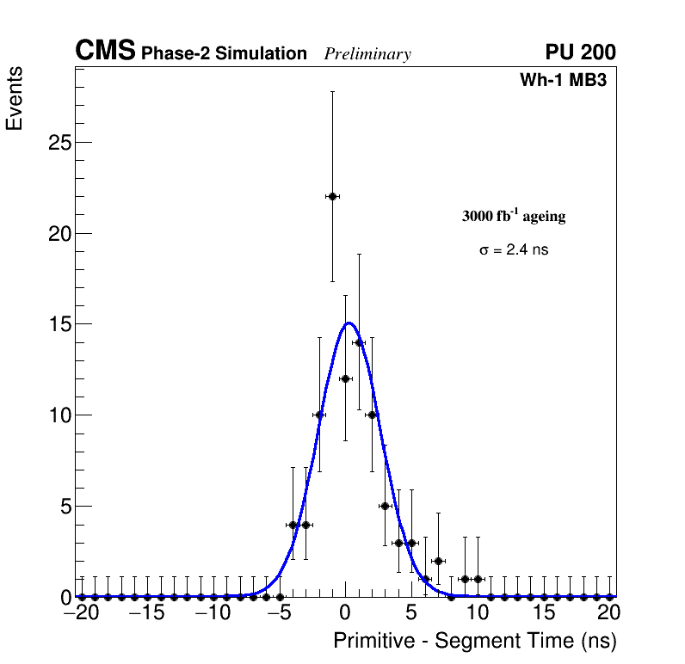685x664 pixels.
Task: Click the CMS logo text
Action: click(105, 52)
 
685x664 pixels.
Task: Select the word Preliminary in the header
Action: click(367, 54)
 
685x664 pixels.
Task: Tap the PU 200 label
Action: click(580, 52)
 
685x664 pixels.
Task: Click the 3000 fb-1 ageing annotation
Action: click(514, 216)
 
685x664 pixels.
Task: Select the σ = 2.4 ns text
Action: click(514, 250)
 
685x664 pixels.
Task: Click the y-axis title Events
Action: click(15, 98)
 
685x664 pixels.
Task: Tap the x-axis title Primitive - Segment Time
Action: click(475, 641)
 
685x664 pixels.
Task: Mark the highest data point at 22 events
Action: click(332, 196)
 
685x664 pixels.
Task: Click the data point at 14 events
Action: click(359, 342)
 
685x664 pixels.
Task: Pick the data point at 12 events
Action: click(345, 378)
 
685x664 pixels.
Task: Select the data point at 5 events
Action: click(385, 506)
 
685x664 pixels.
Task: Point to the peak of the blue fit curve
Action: click(348, 323)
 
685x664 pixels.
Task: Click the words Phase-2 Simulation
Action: click(224, 54)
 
